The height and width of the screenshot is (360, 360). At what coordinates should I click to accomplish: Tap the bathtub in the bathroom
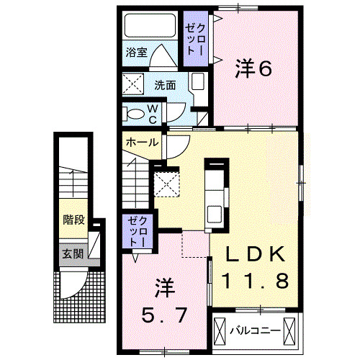[x=150, y=28]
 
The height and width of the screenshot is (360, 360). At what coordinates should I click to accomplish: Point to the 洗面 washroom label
[x=164, y=84]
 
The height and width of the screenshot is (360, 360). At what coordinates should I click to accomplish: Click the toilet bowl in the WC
[x=134, y=113]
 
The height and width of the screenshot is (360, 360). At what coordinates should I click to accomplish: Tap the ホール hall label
[x=142, y=142]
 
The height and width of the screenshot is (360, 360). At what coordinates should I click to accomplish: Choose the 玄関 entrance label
[x=71, y=253]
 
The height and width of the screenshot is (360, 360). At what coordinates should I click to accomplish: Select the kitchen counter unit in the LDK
[x=214, y=194]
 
